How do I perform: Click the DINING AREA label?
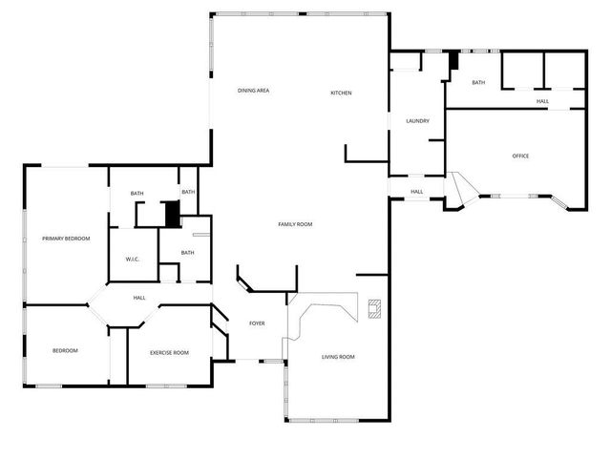tap(253, 91)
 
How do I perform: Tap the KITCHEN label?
tap(342, 93)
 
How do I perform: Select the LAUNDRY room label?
tap(417, 121)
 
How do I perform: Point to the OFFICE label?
tap(520, 156)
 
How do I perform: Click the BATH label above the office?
tap(478, 83)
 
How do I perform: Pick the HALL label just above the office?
tap(542, 101)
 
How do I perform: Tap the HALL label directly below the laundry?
tap(417, 192)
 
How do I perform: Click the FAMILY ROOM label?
tap(295, 224)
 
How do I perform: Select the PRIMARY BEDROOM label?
tap(66, 239)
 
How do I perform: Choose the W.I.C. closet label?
tap(133, 260)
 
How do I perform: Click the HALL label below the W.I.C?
tap(139, 298)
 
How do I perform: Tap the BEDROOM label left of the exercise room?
tap(65, 351)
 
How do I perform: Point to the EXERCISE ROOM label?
tap(169, 353)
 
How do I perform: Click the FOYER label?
tap(257, 324)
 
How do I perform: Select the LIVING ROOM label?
tap(338, 357)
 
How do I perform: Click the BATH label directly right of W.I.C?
tap(187, 253)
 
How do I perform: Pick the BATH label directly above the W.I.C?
tap(137, 194)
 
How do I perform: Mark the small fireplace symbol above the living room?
tap(375, 308)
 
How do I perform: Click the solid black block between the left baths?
tap(173, 214)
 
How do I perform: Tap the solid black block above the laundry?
tap(454, 58)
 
